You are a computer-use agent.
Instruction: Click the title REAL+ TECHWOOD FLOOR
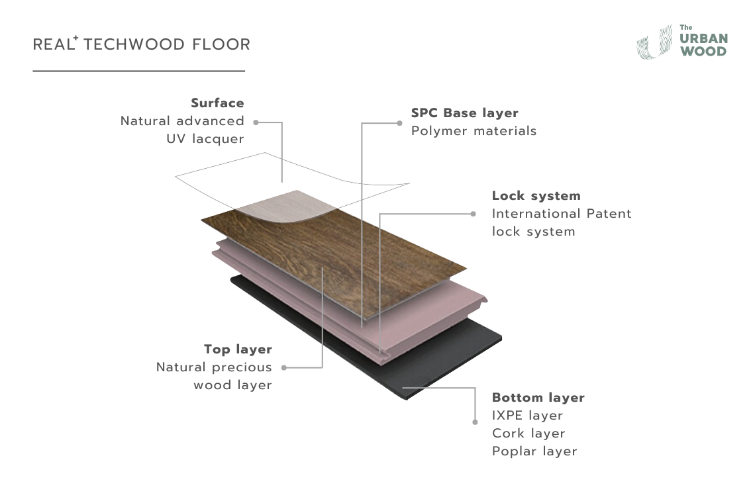click(142, 45)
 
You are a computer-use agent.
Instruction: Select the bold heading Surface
click(217, 103)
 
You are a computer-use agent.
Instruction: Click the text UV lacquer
click(205, 139)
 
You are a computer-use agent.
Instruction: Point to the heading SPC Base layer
click(464, 113)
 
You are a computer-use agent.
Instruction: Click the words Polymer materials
click(474, 131)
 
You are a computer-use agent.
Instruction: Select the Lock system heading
click(536, 196)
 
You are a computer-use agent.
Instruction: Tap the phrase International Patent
click(562, 214)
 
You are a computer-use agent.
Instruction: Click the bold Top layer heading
click(238, 349)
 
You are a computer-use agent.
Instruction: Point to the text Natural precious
click(214, 367)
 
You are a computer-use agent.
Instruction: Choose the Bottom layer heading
click(538, 398)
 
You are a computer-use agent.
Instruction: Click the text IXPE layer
click(527, 416)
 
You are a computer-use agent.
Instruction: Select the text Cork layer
click(528, 434)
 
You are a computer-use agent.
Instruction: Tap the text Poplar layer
click(534, 451)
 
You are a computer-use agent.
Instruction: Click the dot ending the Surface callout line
click(256, 122)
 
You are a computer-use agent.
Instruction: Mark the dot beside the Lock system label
click(473, 214)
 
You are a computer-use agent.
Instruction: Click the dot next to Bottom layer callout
click(475, 421)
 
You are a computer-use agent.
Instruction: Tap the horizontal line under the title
click(139, 71)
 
